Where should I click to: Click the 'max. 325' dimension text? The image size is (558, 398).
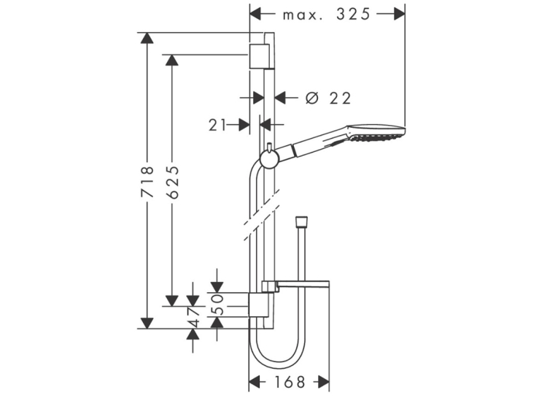[327, 15]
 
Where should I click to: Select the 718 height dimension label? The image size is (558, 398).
[147, 181]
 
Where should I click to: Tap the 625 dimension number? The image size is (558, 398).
[172, 182]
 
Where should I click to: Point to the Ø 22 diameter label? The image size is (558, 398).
[328, 98]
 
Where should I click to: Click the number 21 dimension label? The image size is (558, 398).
[217, 125]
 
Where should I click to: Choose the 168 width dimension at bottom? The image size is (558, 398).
[290, 383]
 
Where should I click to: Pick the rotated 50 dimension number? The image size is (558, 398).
[217, 305]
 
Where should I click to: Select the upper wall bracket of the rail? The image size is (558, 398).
[259, 56]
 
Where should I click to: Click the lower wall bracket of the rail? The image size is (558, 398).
[258, 305]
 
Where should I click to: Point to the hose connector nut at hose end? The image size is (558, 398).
[302, 222]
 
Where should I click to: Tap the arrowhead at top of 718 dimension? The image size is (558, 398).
[147, 38]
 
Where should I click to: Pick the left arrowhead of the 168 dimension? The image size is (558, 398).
[254, 382]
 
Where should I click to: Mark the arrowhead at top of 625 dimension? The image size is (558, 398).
[172, 60]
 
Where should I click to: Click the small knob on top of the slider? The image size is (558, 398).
[270, 147]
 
